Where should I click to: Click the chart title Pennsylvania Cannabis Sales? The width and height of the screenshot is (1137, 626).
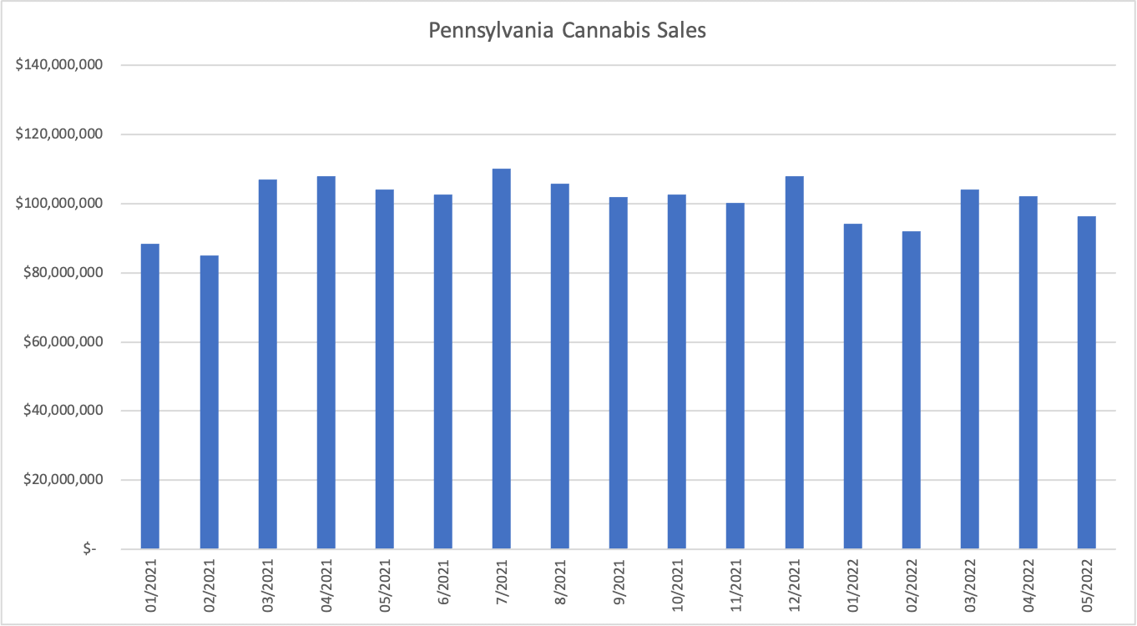pos(568,31)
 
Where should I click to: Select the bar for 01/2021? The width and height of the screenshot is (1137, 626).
pos(150,396)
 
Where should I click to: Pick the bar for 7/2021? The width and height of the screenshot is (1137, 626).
pos(501,359)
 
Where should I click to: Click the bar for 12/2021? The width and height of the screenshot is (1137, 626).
pos(794,362)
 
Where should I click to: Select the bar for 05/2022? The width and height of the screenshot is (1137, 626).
pos(1086,382)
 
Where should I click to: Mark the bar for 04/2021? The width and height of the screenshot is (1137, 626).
pos(326,362)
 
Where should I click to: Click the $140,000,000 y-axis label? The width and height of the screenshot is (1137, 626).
pos(58,65)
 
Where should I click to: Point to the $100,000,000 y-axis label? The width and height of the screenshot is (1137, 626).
pos(58,204)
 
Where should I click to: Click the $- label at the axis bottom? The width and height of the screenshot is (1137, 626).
pos(88,549)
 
